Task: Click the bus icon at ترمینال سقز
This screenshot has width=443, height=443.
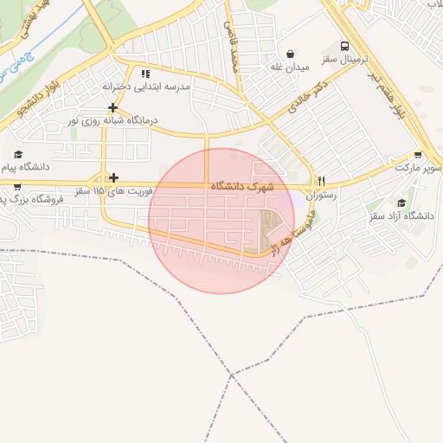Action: [x=345, y=46]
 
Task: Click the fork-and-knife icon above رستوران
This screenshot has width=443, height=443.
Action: [x=321, y=181]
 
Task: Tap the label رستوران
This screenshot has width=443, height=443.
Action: [x=321, y=196]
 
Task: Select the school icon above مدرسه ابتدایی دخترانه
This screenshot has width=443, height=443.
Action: [x=145, y=74]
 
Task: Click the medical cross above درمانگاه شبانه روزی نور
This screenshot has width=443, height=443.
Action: [x=113, y=107]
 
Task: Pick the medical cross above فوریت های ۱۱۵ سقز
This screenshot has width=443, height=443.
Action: [x=113, y=177]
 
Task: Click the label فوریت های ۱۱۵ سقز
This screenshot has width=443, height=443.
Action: [x=113, y=191]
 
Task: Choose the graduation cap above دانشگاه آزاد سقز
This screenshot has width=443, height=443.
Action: [x=401, y=202]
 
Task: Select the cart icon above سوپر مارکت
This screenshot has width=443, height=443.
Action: [x=419, y=151]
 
